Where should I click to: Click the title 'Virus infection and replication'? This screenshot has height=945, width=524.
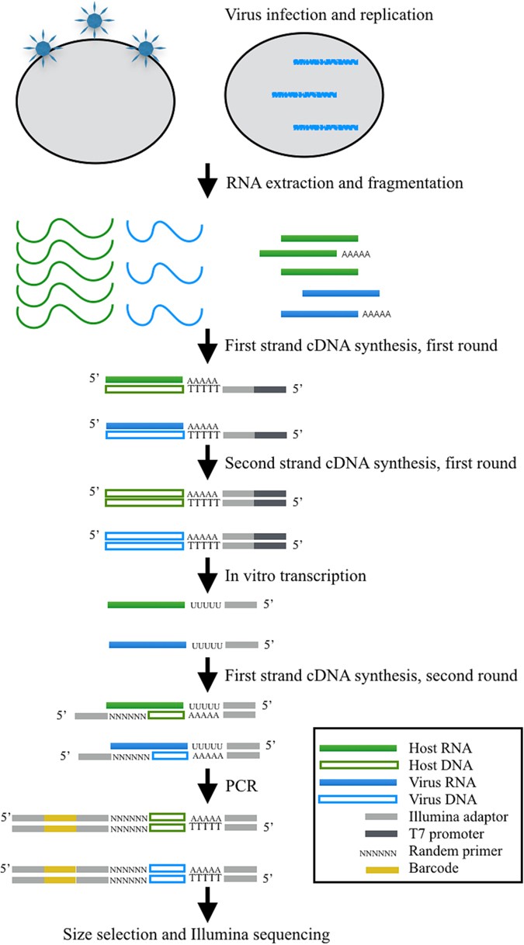pos(328,16)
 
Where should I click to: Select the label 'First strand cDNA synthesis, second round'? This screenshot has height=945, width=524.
pos(371,674)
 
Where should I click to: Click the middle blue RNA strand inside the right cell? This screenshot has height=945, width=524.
pos(304,95)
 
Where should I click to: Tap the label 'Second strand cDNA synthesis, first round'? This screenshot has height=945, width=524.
pos(370,464)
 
